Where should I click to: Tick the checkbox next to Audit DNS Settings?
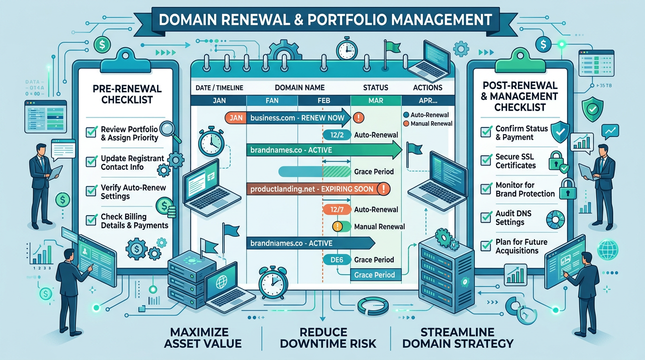486,217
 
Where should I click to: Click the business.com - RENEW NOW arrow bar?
298,118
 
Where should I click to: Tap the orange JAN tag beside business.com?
236,118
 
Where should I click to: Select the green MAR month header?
376,100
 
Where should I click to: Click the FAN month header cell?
272,100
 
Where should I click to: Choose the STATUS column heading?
375,87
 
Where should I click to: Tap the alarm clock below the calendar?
272,282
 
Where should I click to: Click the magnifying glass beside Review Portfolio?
166,129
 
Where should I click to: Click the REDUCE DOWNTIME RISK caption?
328,337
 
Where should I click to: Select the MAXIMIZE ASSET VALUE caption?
203,337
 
